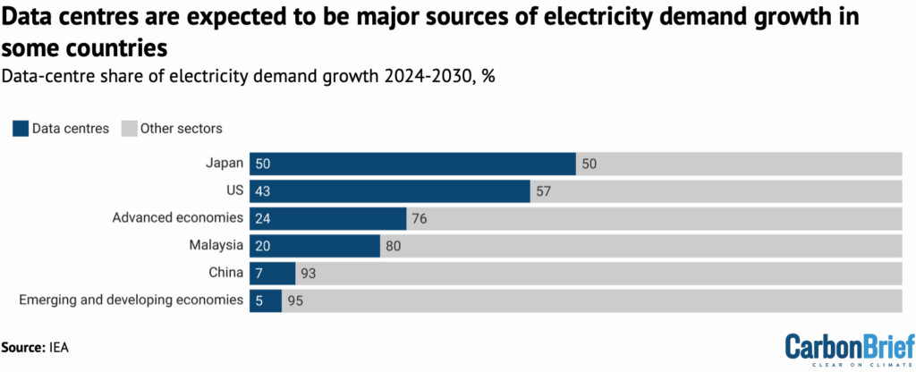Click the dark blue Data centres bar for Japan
[411, 164]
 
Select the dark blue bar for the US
[389, 190]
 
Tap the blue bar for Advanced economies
[327, 218]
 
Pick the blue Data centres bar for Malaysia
[315, 245]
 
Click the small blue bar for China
[272, 273]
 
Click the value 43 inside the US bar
[263, 191]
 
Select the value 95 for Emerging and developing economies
[296, 300]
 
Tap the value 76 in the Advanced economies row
[420, 218]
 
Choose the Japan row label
[225, 164]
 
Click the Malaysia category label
[215, 245]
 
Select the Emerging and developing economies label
[131, 300]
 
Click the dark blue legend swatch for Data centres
[20, 128]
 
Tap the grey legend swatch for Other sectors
[130, 128]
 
